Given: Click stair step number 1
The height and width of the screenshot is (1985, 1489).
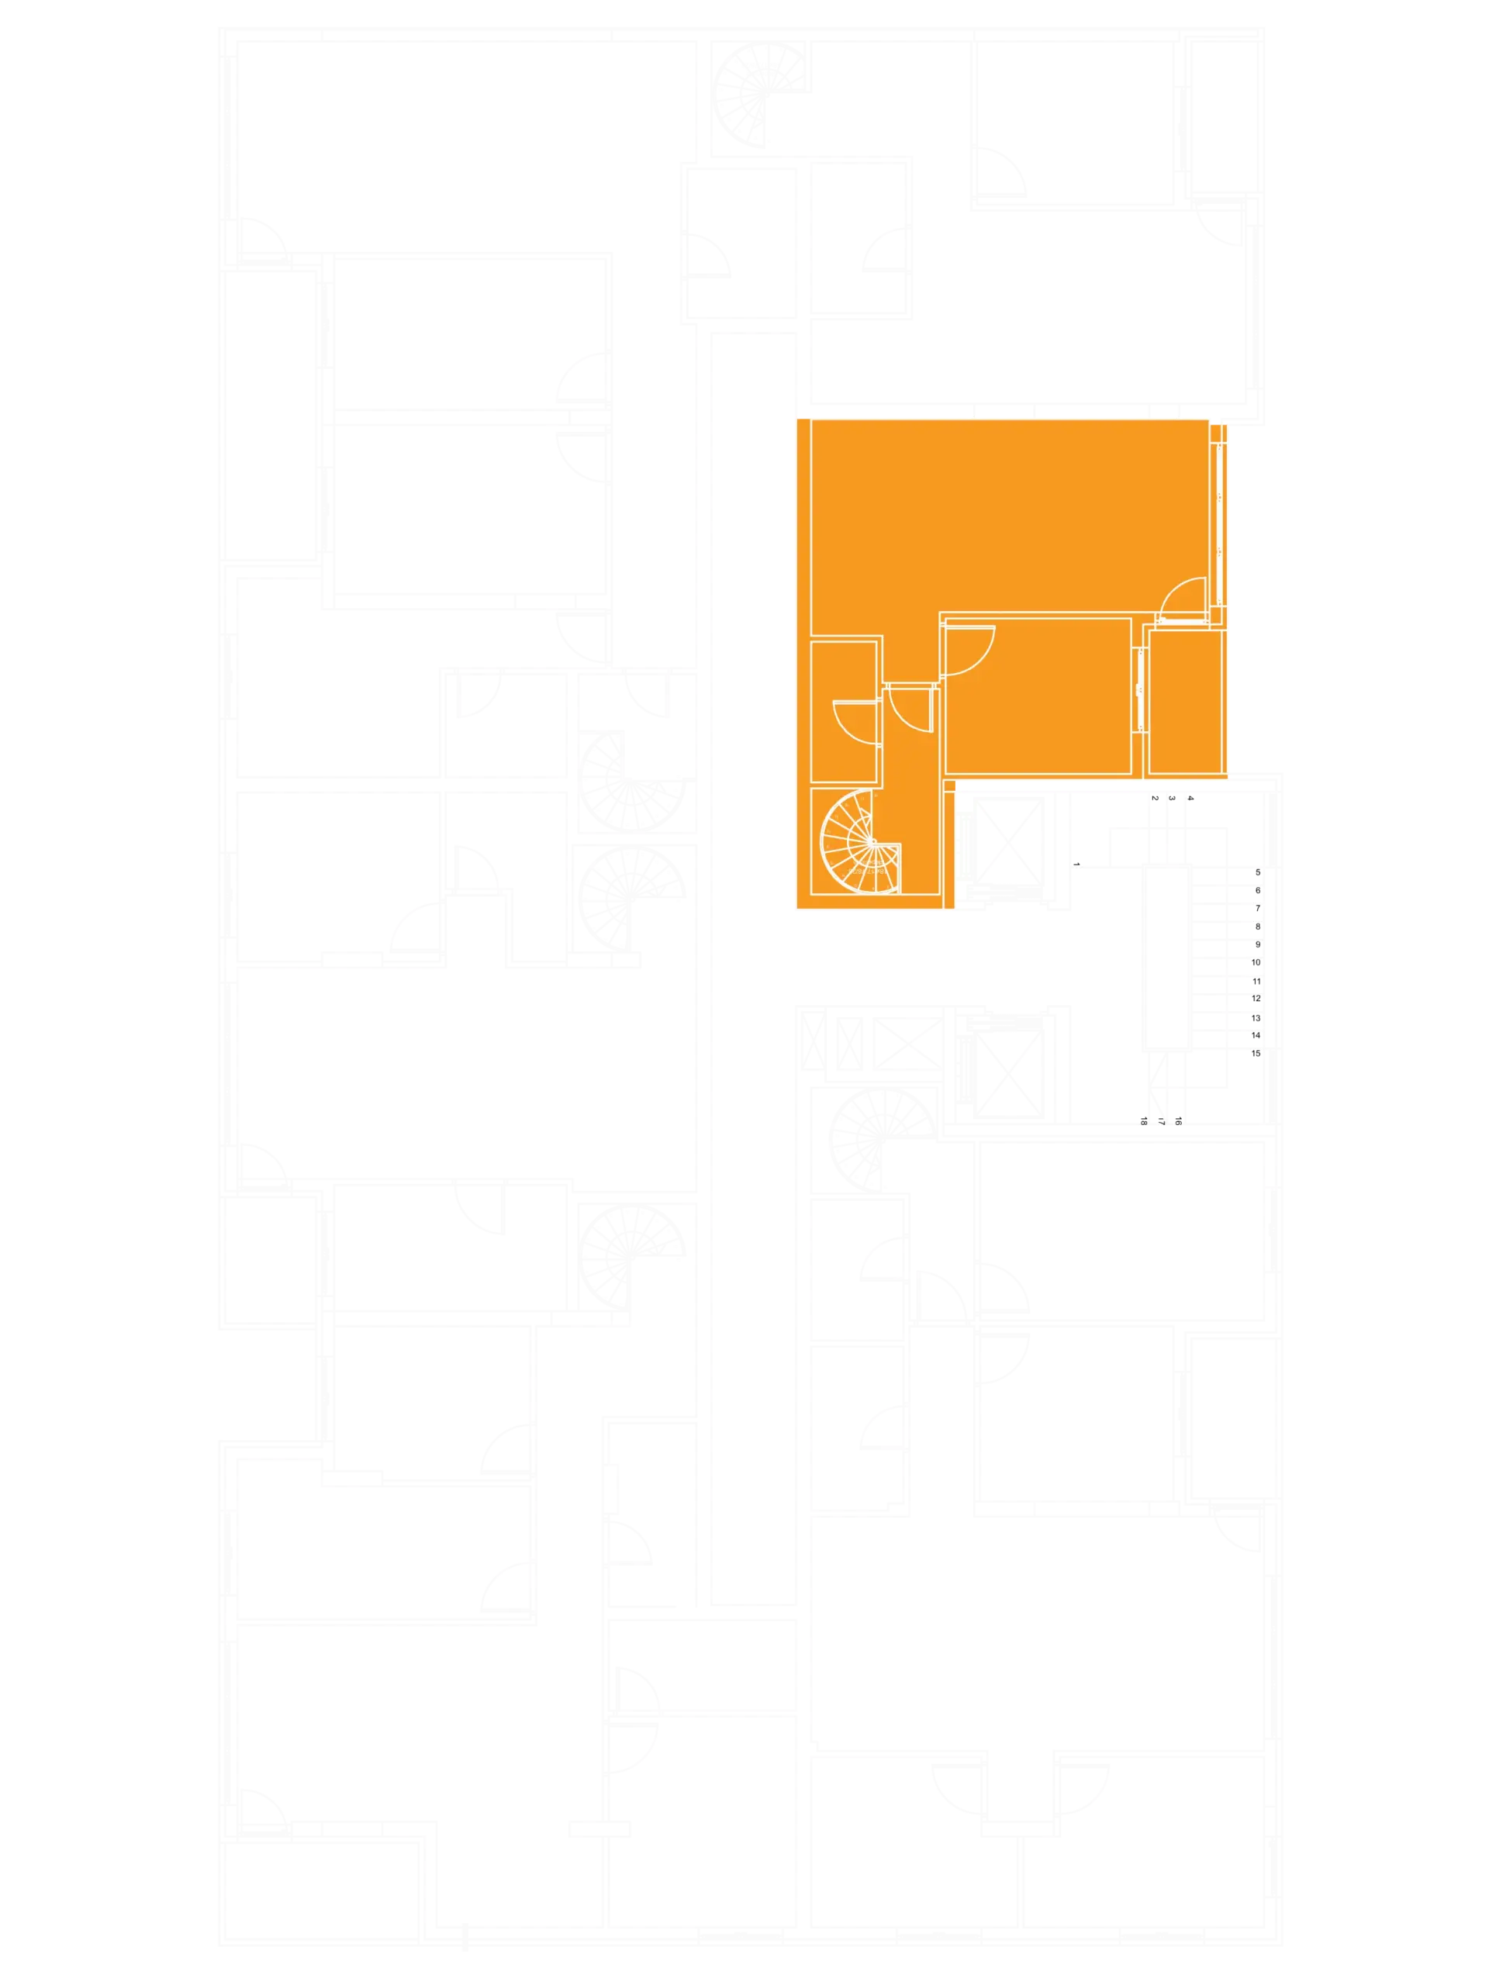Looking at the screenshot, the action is (1076, 865).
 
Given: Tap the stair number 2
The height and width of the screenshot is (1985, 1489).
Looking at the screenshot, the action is (1154, 798).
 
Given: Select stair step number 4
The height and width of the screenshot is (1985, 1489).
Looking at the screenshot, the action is (1190, 798).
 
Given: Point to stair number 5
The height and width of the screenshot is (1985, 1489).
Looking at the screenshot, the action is (1257, 872).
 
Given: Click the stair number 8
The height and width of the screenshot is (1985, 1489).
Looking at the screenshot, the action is (1257, 926).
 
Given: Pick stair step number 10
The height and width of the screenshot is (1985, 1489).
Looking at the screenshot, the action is (1256, 962).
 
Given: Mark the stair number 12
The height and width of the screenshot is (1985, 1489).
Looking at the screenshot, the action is (1256, 998).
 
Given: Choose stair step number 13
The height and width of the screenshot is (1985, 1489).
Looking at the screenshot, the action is (1256, 1017).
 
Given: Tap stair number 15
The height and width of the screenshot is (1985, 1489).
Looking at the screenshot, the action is (1256, 1054).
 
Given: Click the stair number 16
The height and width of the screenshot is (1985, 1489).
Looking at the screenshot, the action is (1179, 1120).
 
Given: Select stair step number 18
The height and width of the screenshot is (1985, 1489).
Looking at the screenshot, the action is (1143, 1120).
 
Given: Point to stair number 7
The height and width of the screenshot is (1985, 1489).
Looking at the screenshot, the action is (1257, 908).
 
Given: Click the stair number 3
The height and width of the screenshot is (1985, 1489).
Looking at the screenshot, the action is (1171, 798).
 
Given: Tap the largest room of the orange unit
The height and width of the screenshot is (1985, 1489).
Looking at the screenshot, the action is (1009, 516).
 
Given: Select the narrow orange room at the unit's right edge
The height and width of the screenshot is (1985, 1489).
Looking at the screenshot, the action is (1186, 702).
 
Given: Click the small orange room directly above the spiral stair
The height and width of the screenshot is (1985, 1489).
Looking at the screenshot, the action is (844, 712).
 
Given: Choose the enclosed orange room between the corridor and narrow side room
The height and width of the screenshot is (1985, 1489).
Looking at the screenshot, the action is (1038, 696).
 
